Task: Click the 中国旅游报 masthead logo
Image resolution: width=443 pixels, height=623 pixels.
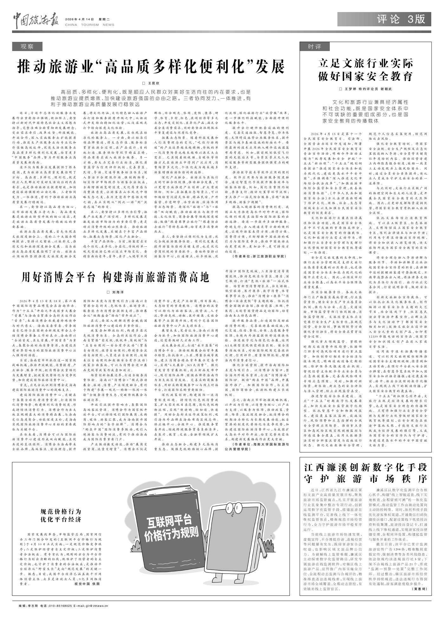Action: [x=36, y=20]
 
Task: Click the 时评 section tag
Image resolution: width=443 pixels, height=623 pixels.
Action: [x=315, y=47]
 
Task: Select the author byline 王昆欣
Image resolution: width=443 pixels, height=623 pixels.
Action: [x=151, y=83]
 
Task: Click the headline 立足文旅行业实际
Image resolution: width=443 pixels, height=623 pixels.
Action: [x=366, y=64]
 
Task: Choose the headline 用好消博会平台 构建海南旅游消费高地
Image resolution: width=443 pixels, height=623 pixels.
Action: [x=115, y=277]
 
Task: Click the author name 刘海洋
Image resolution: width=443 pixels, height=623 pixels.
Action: [x=115, y=292]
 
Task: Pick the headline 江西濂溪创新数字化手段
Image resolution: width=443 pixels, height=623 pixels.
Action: [x=366, y=468]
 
